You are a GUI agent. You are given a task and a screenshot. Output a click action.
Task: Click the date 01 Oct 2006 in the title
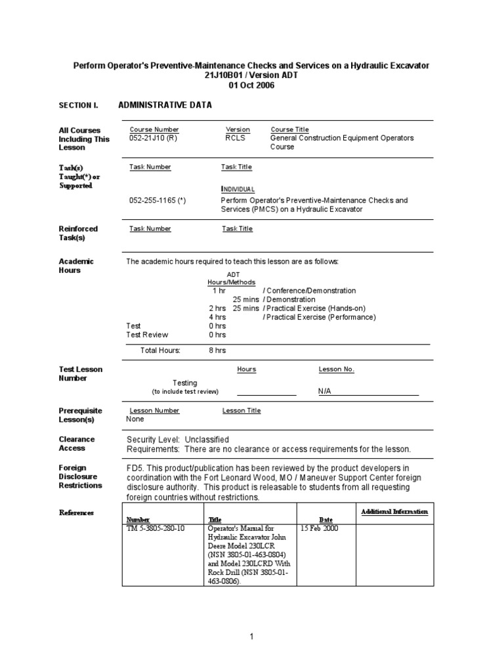[251, 85]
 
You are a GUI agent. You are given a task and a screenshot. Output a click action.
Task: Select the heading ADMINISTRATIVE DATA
[165, 105]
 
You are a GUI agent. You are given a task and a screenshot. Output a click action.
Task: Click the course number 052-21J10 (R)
[153, 138]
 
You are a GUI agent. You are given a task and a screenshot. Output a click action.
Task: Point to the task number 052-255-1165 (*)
[157, 200]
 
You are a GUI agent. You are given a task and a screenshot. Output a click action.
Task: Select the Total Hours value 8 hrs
[217, 350]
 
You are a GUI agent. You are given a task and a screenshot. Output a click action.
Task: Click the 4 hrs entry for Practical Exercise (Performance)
[217, 317]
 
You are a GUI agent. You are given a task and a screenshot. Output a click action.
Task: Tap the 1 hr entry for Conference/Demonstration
[219, 291]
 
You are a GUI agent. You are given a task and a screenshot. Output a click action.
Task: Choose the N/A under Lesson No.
[325, 391]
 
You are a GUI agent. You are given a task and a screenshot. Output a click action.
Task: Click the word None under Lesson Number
[135, 419]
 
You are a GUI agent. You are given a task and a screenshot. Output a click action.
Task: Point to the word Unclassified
[207, 440]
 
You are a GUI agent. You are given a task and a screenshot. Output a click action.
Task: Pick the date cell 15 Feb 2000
[320, 528]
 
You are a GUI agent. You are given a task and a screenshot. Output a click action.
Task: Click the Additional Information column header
[394, 511]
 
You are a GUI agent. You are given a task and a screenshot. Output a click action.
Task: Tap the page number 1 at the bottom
[251, 636]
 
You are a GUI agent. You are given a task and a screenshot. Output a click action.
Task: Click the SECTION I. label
[78, 106]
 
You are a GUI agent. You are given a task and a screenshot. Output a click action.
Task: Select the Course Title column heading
[289, 130]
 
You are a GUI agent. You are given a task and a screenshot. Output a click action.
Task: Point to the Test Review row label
[147, 335]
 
